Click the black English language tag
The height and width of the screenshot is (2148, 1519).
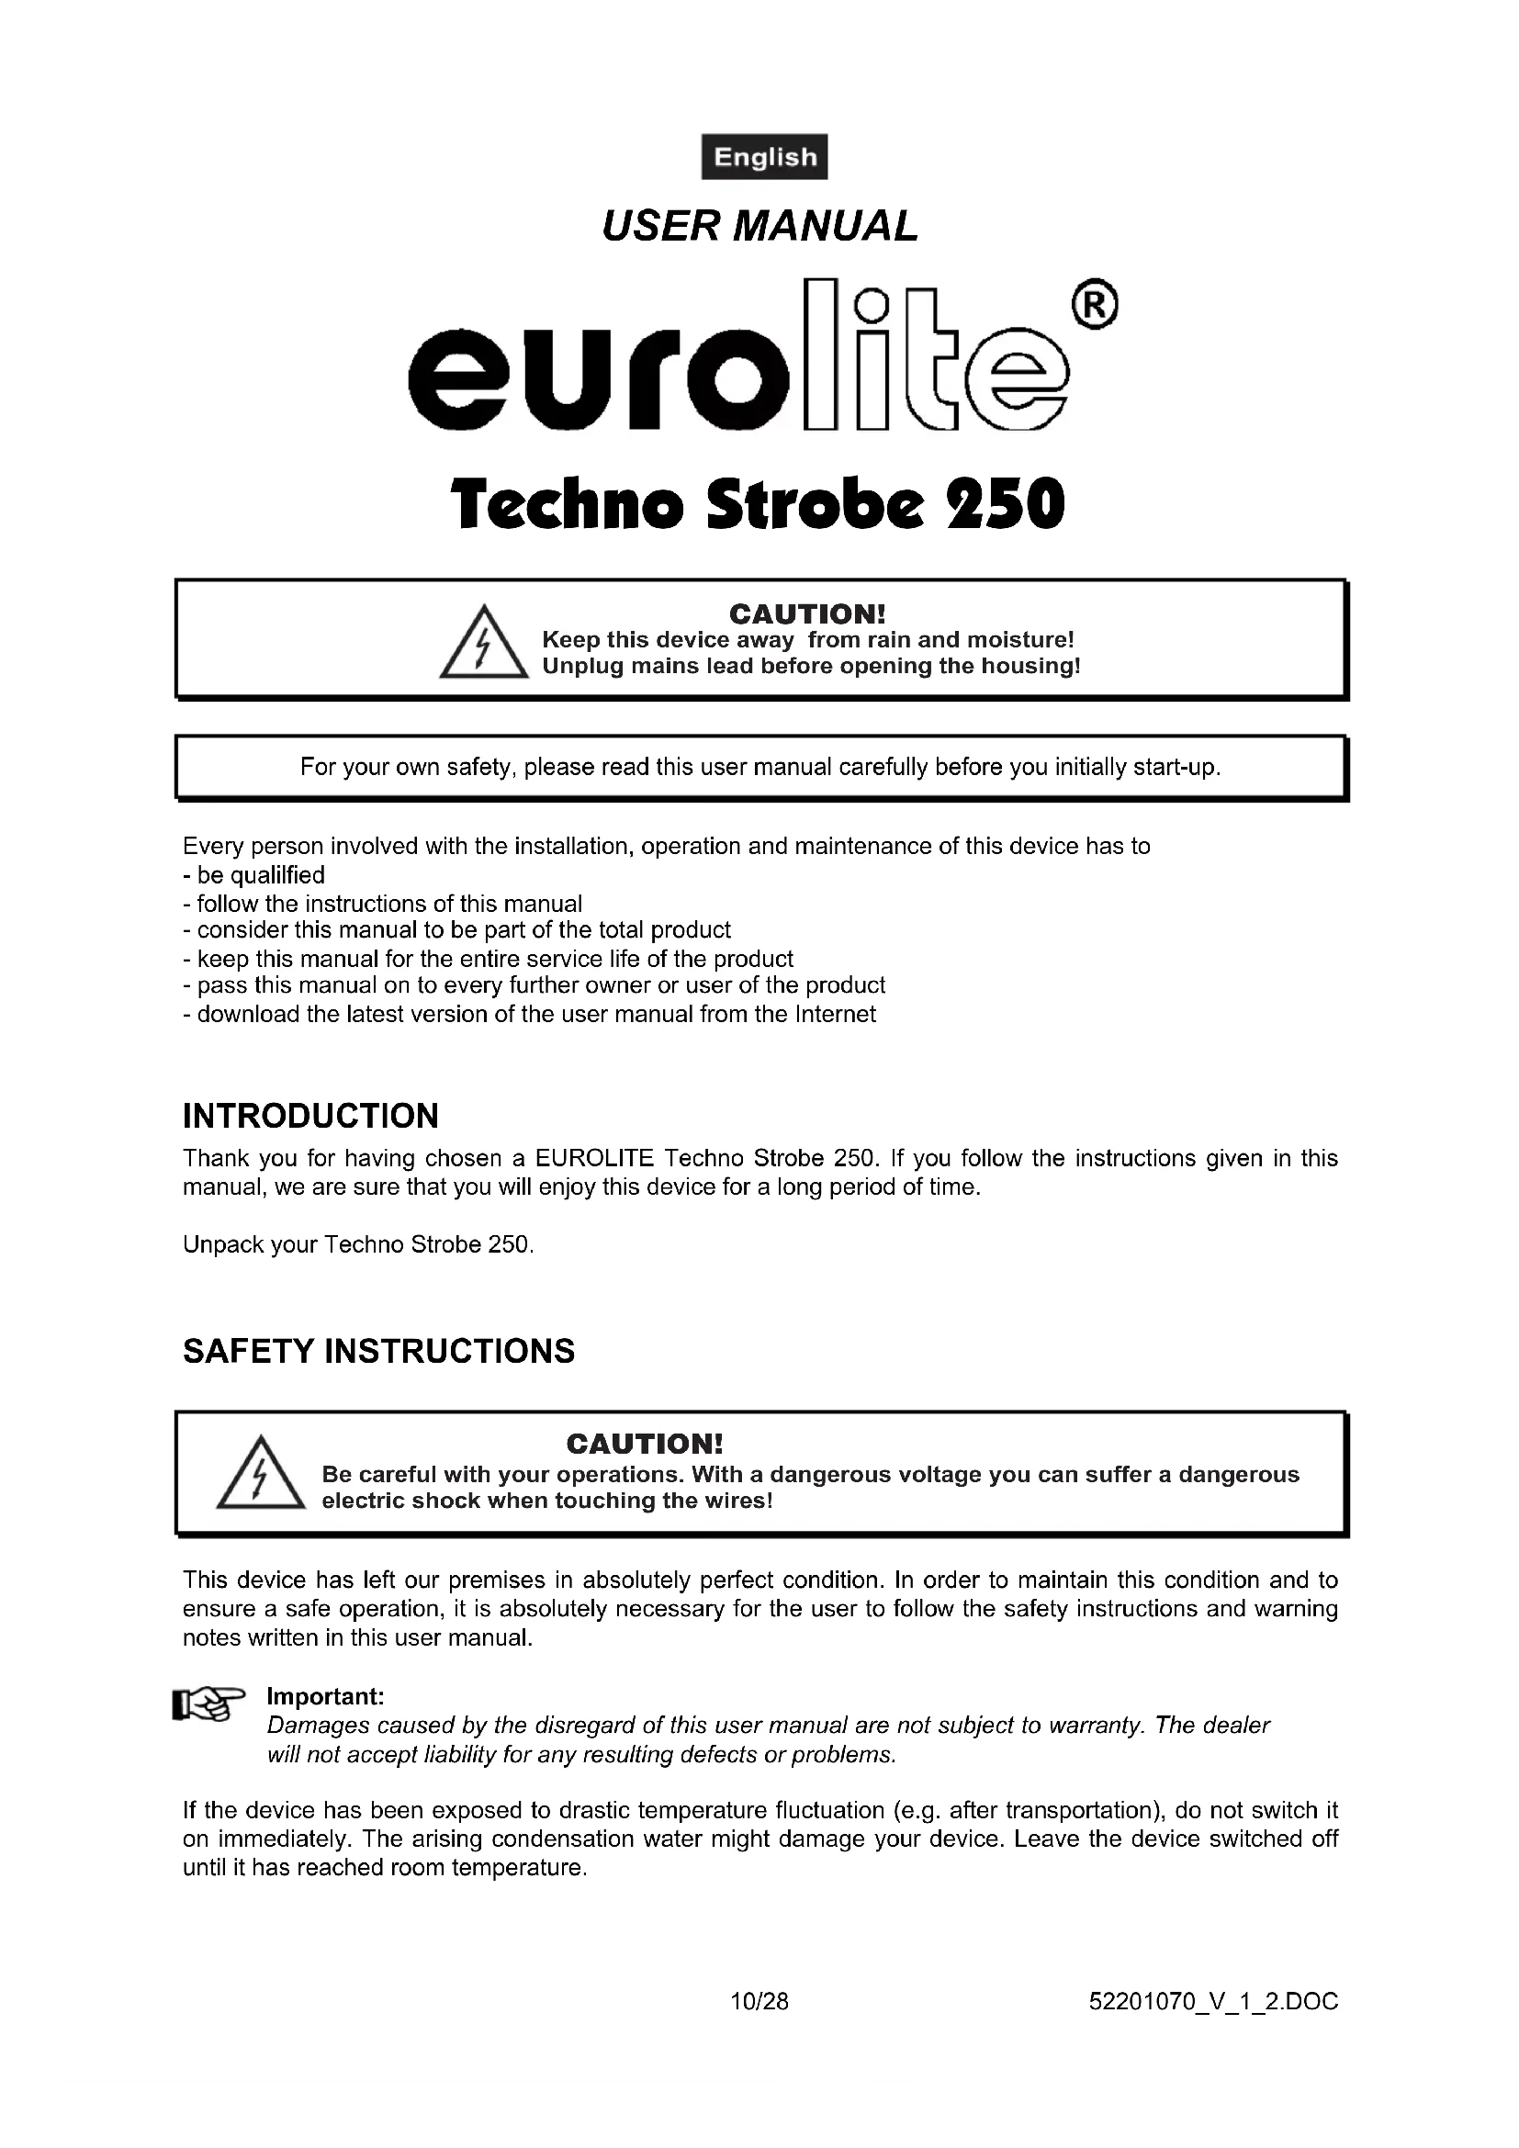(764, 157)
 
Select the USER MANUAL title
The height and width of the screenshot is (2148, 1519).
(759, 227)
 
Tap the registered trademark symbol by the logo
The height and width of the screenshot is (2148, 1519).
(1095, 305)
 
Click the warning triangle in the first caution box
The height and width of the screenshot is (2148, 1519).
(484, 644)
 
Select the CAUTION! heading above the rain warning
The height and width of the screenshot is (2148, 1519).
(806, 613)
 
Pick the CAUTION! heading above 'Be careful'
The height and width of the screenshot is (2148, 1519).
(645, 1444)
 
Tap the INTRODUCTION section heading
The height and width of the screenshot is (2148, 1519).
(310, 1116)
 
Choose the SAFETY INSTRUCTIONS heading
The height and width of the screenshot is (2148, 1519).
(378, 1351)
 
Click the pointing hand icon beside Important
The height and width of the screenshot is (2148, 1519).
(208, 1704)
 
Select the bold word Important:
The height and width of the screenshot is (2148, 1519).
(325, 1696)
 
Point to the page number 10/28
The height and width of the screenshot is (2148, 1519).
(759, 2001)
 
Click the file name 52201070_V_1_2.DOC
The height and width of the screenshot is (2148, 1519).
(1213, 2001)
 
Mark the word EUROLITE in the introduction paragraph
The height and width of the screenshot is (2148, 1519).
(594, 1158)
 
